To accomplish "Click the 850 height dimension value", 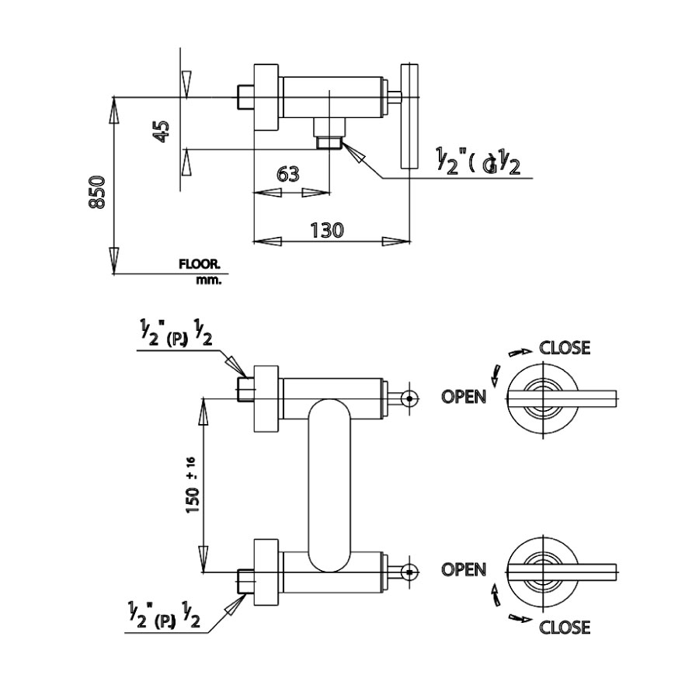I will tap(97, 192).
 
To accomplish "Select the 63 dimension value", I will tap(288, 174).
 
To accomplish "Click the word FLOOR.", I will tap(200, 264).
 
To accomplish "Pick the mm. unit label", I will tap(208, 280).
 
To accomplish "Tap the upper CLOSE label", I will tap(565, 347).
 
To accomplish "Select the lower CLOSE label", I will tap(565, 627).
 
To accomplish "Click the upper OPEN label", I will tap(464, 396).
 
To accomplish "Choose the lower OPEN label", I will tap(464, 569).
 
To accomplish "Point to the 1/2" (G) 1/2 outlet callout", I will tap(477, 162).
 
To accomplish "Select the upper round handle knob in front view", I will tap(409, 398).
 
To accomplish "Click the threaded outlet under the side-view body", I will tap(330, 142).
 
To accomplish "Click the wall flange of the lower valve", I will tap(265, 572).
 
